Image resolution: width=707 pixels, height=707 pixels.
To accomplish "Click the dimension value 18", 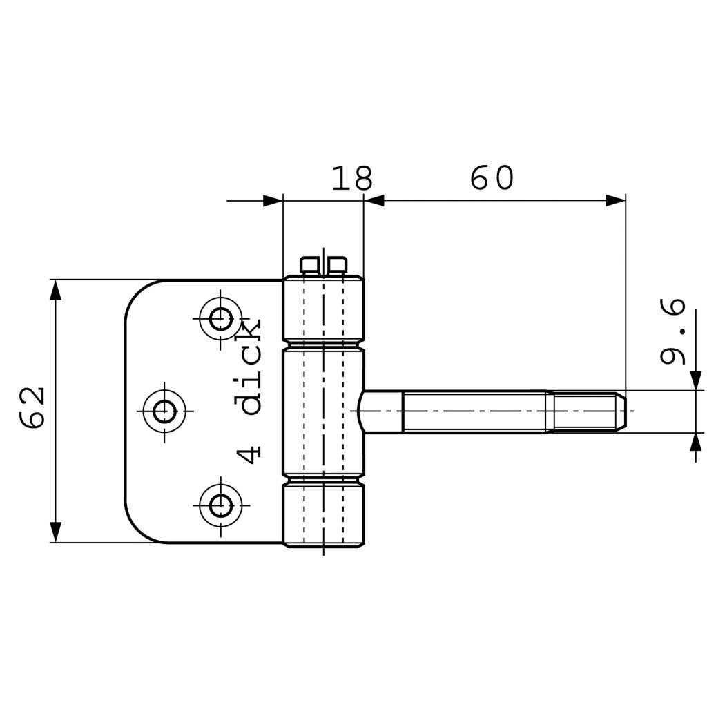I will coord(352,179).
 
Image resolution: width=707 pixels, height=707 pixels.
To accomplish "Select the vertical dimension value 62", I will coord(32,408).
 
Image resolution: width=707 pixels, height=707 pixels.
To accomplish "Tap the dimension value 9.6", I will coord(672,331).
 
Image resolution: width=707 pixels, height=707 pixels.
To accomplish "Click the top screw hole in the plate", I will coord(221,319).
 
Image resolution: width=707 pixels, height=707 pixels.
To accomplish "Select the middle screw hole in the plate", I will coord(164,411).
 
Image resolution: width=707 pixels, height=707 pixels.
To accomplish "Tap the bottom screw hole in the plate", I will coord(221,505).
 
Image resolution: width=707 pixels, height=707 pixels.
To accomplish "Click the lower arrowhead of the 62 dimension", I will coord(56,532).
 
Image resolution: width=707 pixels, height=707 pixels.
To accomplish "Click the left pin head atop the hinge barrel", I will coord(309,265).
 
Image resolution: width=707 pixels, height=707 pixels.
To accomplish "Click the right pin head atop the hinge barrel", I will coord(337,265).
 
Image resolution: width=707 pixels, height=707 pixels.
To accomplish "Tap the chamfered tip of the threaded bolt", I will coord(621,411).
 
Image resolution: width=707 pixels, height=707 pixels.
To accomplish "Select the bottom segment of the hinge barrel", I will coord(323,514).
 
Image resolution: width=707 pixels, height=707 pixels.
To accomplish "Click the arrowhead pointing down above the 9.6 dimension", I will coord(695,380).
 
